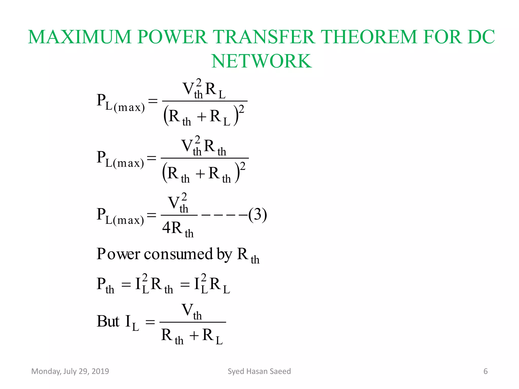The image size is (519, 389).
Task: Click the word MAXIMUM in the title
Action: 80,37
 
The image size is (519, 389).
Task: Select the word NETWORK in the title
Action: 262,61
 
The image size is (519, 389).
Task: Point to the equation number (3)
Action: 257,215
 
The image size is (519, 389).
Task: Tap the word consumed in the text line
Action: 178,254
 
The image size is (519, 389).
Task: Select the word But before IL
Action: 108,321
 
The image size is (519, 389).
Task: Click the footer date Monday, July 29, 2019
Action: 70,371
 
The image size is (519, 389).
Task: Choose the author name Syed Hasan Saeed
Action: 259,371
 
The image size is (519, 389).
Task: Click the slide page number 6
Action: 486,371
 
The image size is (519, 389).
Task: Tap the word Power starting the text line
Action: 118,254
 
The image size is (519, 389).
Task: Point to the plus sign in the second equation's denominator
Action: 200,174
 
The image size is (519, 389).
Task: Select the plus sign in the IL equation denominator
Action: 194,336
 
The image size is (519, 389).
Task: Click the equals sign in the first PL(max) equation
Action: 153,101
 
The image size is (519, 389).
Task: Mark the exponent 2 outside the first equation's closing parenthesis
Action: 242,109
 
